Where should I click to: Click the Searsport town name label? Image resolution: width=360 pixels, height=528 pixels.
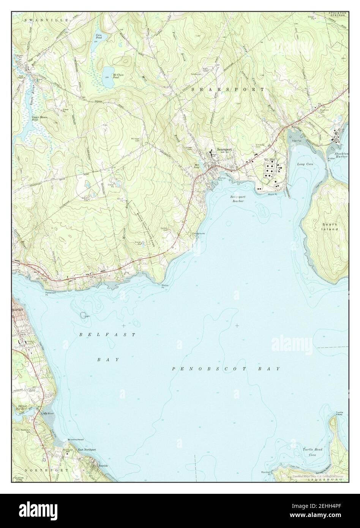(224, 150)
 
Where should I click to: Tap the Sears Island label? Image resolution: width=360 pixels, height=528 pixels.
(330, 227)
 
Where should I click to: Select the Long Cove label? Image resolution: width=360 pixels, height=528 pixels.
(305, 164)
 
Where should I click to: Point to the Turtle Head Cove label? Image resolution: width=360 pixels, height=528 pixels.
(313, 452)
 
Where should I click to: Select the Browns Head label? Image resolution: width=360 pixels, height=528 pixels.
(76, 439)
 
